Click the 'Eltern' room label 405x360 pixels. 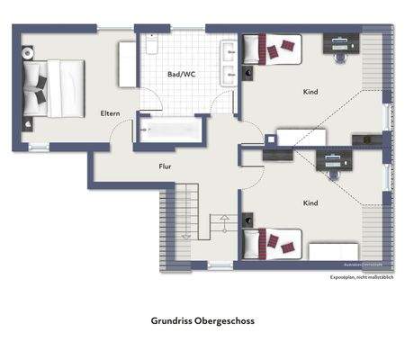click(x=111, y=113)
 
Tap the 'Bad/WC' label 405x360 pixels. click(x=181, y=74)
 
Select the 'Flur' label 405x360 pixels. click(x=165, y=166)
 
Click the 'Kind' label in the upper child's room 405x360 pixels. click(x=310, y=92)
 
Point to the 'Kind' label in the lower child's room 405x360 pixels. click(x=310, y=203)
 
